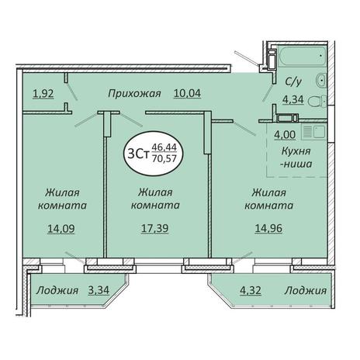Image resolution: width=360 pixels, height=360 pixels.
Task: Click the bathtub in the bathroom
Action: point(302,57)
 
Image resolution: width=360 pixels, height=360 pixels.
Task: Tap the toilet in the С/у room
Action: point(317,101)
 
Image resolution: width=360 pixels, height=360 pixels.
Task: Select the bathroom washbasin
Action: point(321,80)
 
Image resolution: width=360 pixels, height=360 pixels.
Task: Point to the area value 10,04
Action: point(187,93)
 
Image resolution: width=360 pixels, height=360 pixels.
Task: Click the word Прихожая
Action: point(134,93)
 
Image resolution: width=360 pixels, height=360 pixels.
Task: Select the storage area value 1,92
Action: point(43,94)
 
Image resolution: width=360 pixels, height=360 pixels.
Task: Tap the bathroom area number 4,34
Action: point(293,99)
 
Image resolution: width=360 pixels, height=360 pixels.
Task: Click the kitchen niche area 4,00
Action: point(285,135)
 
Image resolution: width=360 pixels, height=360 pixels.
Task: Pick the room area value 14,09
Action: point(61,229)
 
